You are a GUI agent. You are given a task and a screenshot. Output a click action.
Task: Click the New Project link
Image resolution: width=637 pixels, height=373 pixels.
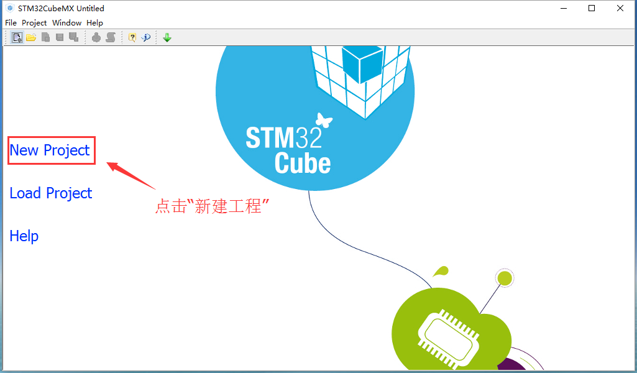click(50, 150)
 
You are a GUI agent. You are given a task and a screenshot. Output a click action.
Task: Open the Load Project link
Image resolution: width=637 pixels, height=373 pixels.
click(51, 193)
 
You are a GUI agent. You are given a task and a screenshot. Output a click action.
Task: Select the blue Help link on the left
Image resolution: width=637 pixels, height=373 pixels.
click(24, 236)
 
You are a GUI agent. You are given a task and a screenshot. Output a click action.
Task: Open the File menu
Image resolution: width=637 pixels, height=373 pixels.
click(11, 23)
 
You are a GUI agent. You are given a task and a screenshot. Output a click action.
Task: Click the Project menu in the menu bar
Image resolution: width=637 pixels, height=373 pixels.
click(34, 23)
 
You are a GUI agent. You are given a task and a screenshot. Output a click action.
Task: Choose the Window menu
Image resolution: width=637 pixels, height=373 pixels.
click(66, 23)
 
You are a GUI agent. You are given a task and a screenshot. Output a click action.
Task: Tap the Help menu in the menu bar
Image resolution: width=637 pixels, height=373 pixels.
click(94, 23)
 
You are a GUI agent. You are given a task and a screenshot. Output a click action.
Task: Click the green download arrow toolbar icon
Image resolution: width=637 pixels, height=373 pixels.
click(167, 38)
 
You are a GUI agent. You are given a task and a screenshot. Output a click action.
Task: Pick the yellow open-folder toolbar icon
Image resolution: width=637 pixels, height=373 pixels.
click(31, 38)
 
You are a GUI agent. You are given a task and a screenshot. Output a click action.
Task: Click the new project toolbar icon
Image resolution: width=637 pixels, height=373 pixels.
click(17, 38)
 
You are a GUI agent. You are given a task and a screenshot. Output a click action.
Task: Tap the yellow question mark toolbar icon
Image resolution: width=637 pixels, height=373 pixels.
click(132, 38)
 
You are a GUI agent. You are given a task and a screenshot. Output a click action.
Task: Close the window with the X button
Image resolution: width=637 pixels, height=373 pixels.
click(620, 8)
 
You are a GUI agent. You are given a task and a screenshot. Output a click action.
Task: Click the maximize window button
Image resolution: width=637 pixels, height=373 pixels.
click(592, 8)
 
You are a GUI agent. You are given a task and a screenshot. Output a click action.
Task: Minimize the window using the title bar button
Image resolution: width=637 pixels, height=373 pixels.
click(564, 8)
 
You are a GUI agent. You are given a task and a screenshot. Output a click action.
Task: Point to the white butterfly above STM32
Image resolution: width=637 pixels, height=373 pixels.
click(324, 120)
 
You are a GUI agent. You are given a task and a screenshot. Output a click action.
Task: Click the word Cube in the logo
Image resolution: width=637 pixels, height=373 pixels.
click(303, 163)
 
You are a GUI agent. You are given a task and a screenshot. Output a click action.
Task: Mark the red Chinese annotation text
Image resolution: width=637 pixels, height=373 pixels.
click(213, 206)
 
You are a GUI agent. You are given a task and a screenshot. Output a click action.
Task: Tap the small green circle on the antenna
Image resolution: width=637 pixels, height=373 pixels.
click(505, 279)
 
